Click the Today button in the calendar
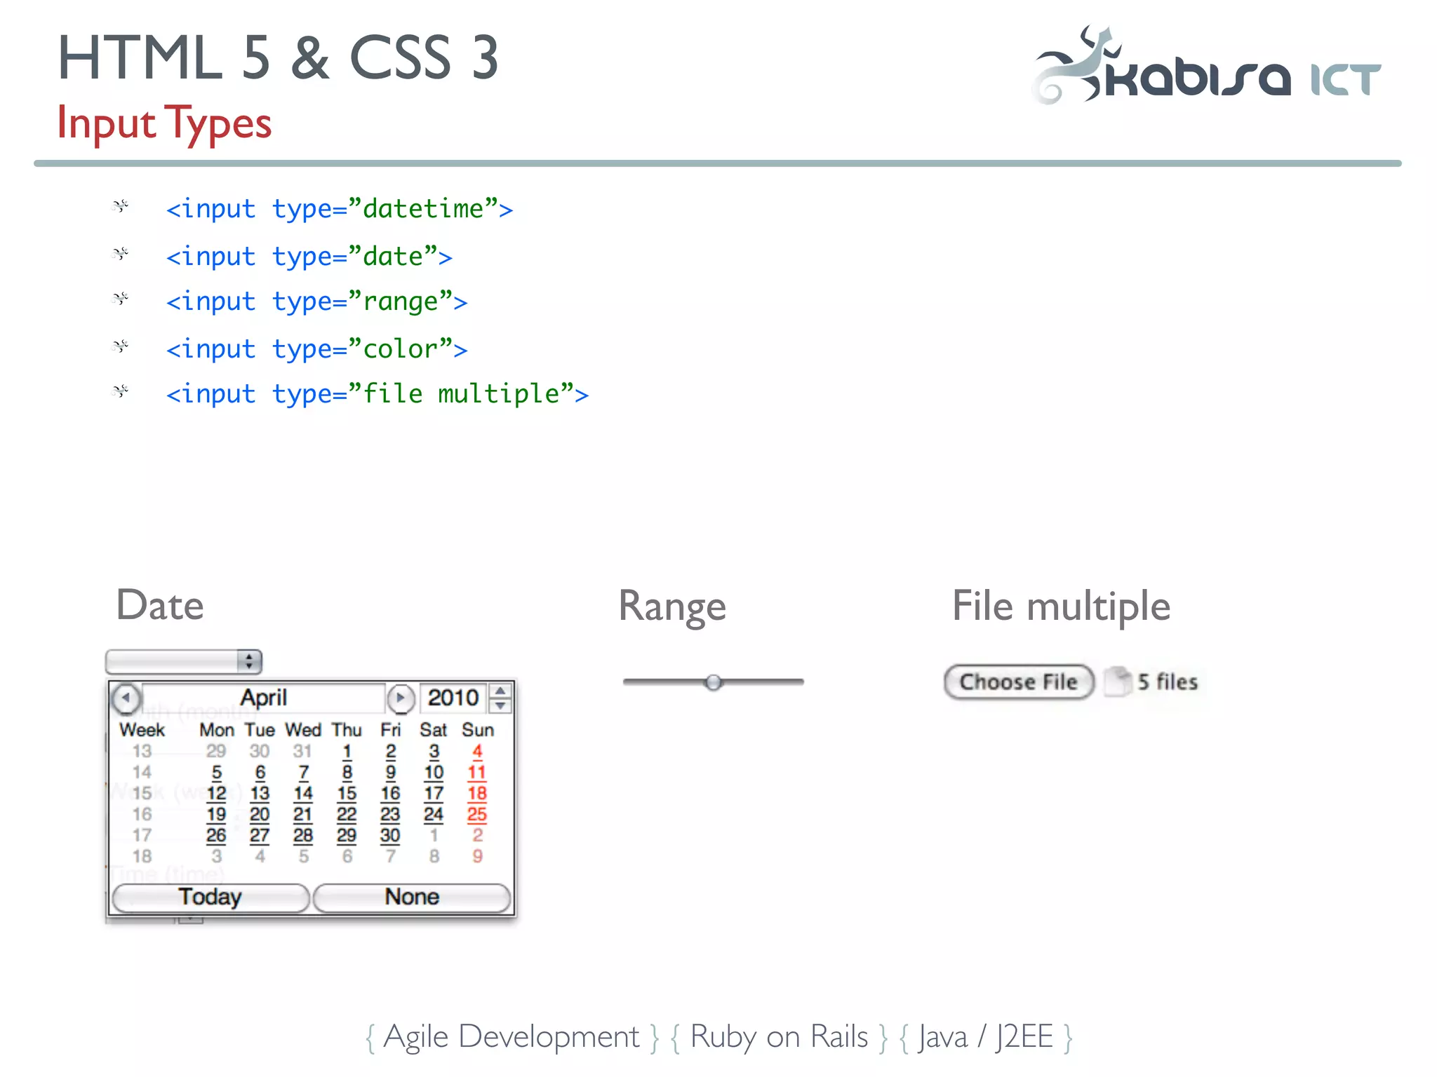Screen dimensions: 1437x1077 click(210, 897)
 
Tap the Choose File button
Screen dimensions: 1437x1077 click(1018, 682)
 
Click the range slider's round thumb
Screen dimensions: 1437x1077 click(714, 682)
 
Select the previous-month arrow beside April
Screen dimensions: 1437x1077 click(126, 698)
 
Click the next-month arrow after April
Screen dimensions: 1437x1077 click(401, 698)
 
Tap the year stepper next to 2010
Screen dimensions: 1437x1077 click(500, 698)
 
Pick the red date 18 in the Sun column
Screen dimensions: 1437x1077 click(477, 794)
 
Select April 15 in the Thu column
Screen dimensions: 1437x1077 click(347, 794)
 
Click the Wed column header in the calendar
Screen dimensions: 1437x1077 click(303, 730)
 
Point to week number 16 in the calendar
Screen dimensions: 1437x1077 click(142, 815)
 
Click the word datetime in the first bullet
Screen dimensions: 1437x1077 click(423, 209)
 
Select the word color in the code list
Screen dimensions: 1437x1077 click(400, 349)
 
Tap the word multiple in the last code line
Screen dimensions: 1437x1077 click(498, 394)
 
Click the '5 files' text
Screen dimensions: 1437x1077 click(1168, 682)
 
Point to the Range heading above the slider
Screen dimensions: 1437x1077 click(672, 607)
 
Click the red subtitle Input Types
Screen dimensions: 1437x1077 click(164, 123)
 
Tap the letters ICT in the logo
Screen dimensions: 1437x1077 click(1346, 79)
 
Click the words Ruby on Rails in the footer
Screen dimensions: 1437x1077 click(779, 1037)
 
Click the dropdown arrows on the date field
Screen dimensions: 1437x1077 click(249, 661)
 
